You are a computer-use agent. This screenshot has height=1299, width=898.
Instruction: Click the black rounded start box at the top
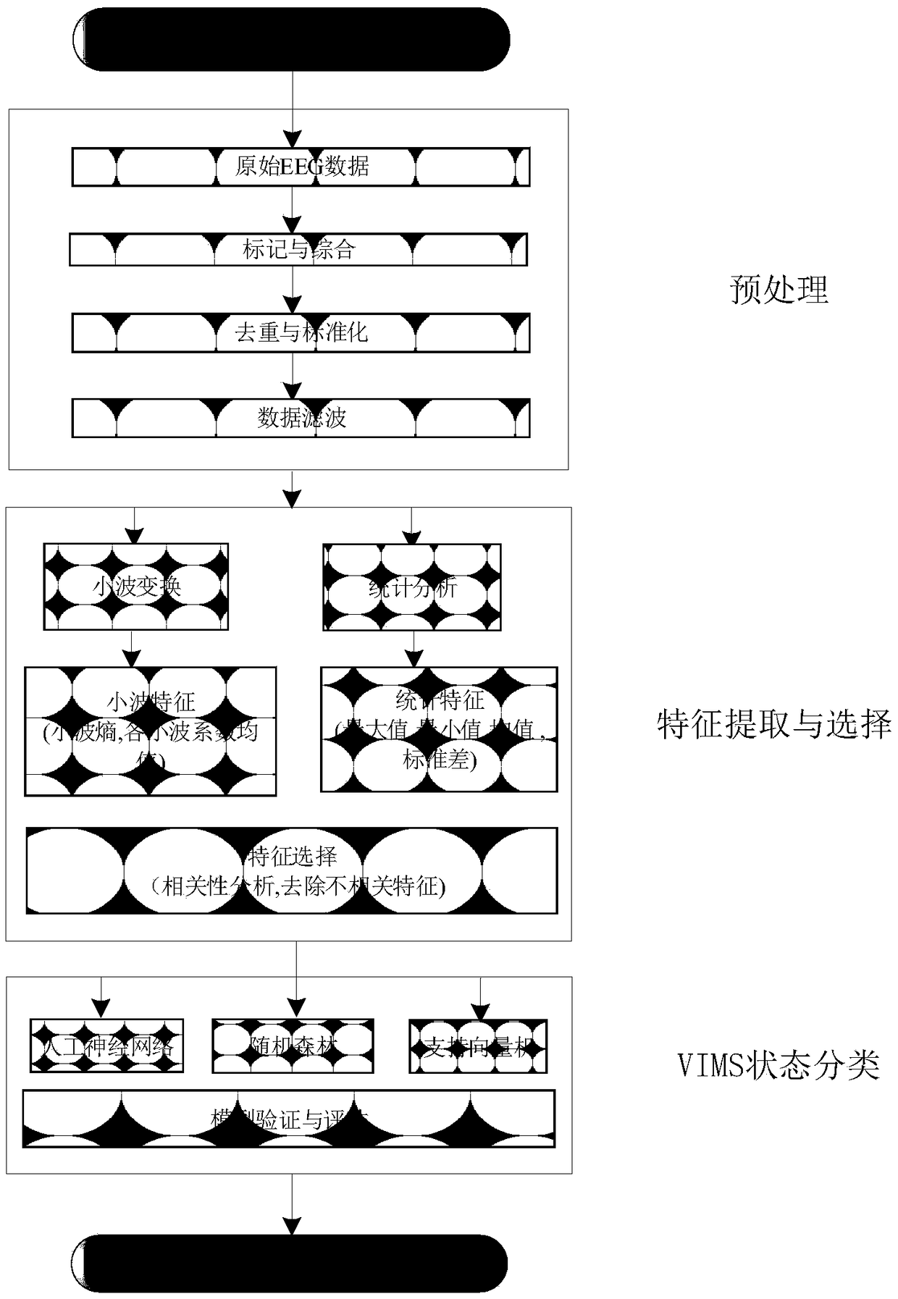[291, 39]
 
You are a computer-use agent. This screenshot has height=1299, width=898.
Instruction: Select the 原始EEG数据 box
[301, 167]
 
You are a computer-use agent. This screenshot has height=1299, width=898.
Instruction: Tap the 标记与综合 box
[298, 250]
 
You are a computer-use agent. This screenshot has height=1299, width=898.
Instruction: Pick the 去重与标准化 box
[301, 333]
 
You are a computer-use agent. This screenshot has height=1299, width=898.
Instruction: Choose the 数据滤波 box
[301, 418]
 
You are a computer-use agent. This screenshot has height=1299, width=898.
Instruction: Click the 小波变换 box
[136, 587]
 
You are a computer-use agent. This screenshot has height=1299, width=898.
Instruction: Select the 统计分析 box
[411, 587]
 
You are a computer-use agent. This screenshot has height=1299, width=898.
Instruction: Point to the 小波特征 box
[151, 731]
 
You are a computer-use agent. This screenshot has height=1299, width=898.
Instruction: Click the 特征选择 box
[292, 871]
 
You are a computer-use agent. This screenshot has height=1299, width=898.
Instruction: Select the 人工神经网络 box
[106, 1046]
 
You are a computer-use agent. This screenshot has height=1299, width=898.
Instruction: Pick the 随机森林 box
[293, 1046]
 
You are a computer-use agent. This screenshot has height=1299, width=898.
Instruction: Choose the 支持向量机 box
[478, 1046]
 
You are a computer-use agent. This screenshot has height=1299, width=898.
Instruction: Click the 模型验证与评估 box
[289, 1119]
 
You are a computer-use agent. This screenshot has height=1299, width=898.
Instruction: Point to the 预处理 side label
[779, 290]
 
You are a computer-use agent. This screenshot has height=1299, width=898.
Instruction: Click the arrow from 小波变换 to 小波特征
[131, 649]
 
